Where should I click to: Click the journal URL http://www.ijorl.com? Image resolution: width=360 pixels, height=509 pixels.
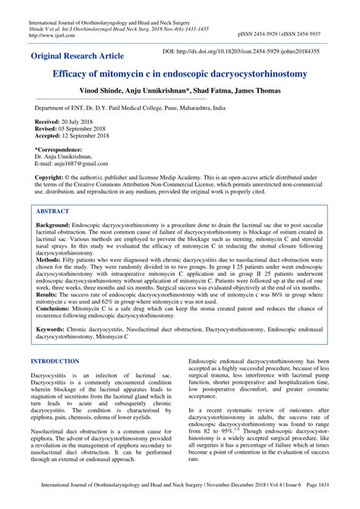[x=48, y=35]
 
